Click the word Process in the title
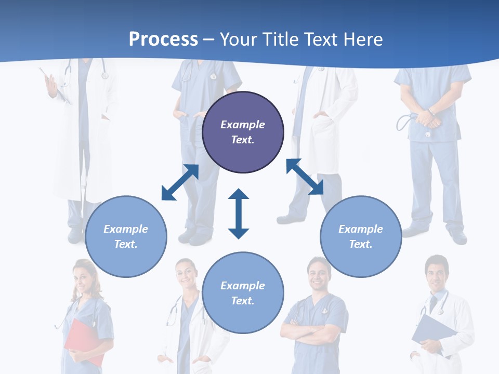point(163,39)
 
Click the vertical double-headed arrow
point(239,213)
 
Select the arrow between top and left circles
point(180,182)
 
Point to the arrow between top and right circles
point(305,177)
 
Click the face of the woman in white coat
point(186,273)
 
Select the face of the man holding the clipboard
point(436,272)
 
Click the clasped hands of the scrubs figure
point(428,119)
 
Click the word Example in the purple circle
point(243,125)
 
